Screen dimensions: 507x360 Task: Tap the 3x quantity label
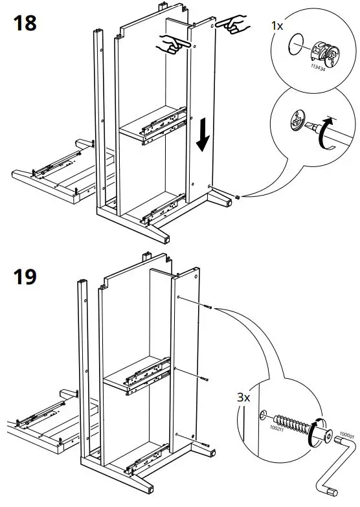(x=243, y=397)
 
